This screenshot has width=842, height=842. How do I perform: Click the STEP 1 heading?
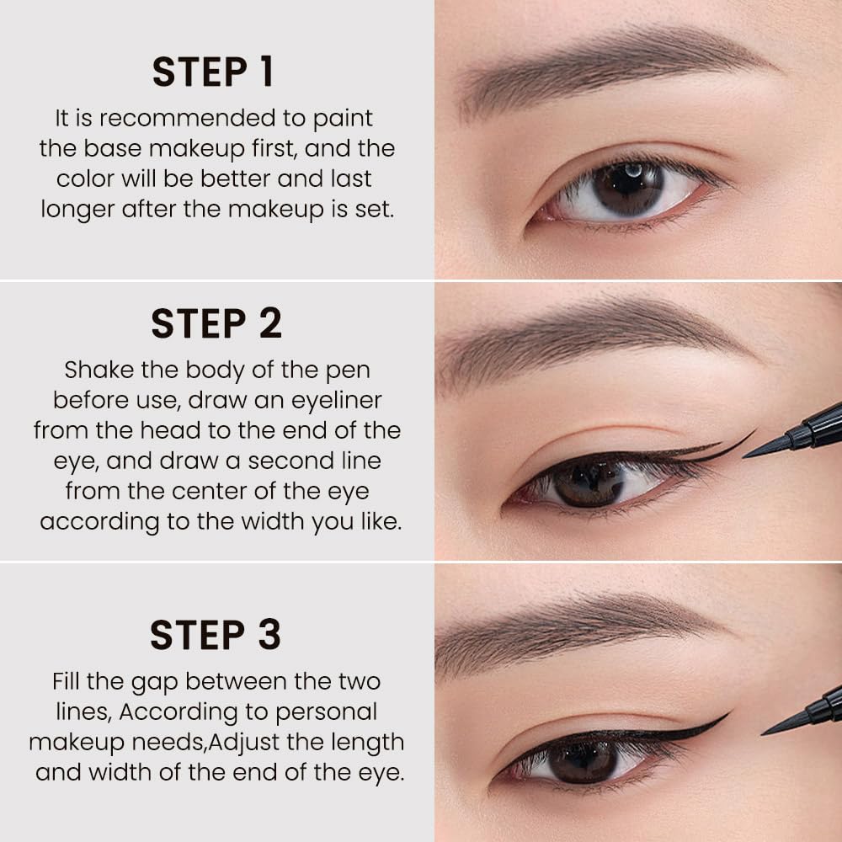[x=213, y=72]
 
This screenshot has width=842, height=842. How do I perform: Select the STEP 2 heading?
[x=216, y=323]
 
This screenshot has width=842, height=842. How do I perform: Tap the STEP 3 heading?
[x=216, y=635]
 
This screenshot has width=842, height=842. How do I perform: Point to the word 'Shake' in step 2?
[x=99, y=370]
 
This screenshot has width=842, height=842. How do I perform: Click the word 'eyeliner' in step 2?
[x=336, y=401]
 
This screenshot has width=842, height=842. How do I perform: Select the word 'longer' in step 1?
[x=77, y=210]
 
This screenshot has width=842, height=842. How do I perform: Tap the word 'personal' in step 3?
[x=326, y=712]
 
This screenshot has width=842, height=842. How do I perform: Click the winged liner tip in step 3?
[x=727, y=714]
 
